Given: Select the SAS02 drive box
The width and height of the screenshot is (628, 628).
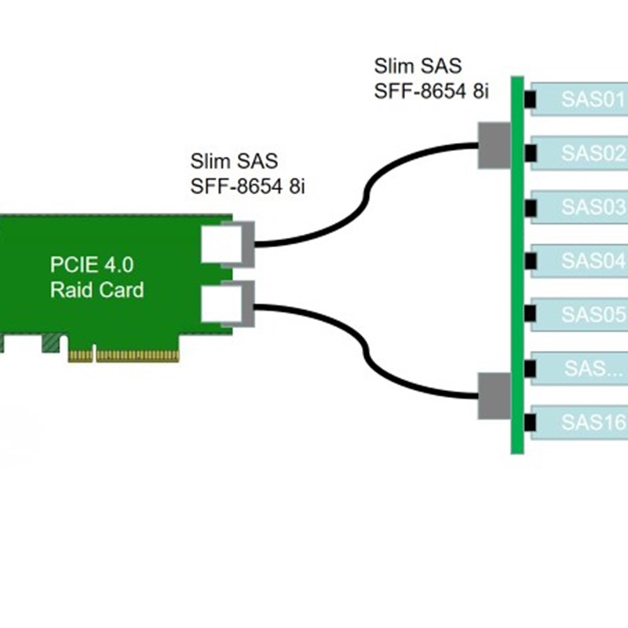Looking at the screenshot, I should (x=581, y=154).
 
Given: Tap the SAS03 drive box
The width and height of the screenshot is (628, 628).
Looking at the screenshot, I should (x=581, y=207).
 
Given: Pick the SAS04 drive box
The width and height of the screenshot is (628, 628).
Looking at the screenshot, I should (x=581, y=261).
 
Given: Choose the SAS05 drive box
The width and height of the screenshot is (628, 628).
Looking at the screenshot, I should (x=581, y=314).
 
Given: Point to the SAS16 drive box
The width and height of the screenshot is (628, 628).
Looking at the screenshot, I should (x=581, y=422).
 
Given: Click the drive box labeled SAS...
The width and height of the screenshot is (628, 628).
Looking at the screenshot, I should (x=581, y=368).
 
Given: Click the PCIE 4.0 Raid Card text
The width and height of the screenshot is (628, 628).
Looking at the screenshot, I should (x=97, y=276).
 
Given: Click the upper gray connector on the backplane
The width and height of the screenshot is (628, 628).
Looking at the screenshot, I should (x=495, y=144).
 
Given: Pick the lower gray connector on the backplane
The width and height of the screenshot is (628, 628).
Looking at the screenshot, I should (x=495, y=396).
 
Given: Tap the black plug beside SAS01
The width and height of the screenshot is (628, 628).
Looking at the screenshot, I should (x=530, y=100).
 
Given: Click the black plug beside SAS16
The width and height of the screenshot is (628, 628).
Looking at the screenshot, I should (x=530, y=422).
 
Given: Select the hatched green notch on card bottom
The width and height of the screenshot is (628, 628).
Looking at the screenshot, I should (x=52, y=342).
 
